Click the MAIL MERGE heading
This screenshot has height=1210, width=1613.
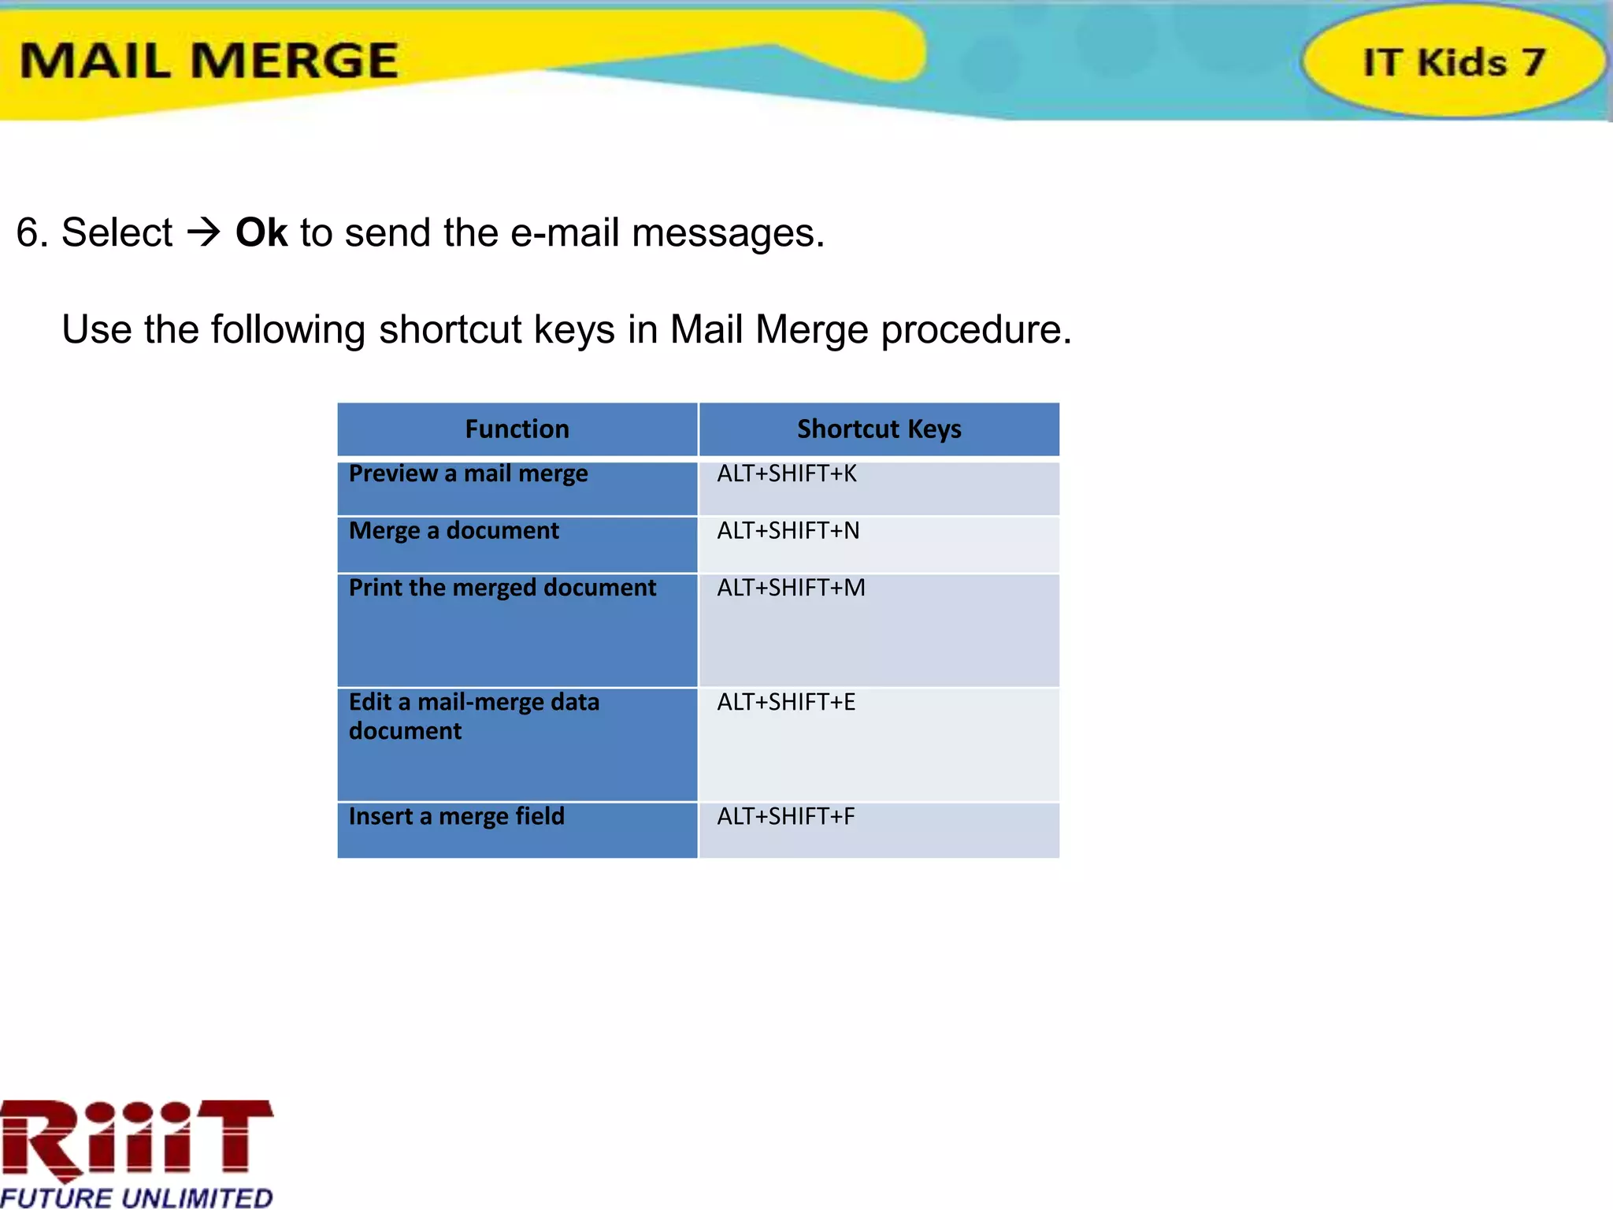pos(209,61)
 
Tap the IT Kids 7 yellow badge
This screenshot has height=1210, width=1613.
pos(1453,61)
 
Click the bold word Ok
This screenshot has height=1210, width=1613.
pos(261,233)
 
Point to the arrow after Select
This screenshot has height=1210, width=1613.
pos(203,232)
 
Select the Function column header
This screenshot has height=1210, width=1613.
pos(517,429)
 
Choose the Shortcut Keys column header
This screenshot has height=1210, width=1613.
pos(879,429)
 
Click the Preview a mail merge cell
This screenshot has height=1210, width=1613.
pos(468,474)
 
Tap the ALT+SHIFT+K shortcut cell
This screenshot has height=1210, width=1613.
pos(786,474)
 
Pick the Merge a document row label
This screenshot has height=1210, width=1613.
pos(454,531)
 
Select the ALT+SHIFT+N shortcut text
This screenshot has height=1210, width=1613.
pos(788,531)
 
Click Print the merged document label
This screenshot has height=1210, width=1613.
pos(502,588)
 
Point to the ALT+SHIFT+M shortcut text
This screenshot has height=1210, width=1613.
pos(790,588)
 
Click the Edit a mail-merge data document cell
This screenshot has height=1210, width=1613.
pos(474,716)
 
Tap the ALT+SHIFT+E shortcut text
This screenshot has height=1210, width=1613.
pos(785,703)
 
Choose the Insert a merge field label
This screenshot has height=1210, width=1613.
pos(456,817)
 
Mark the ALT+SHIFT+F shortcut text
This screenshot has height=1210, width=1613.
pos(785,817)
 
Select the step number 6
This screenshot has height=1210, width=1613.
pos(28,233)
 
